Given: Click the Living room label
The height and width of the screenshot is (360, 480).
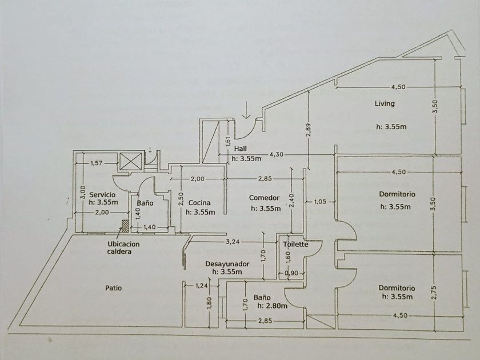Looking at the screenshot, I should point(385,104).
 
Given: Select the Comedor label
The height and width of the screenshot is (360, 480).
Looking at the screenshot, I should point(263,198).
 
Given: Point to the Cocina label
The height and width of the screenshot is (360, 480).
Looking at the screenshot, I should point(199,203).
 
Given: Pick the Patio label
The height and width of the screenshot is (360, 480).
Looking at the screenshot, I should point(113,288).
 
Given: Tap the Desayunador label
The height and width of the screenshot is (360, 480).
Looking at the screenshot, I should point(227,264).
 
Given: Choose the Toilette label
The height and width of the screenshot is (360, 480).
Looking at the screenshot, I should point(295,245).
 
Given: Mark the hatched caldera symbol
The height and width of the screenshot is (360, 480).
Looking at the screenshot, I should point(125,226).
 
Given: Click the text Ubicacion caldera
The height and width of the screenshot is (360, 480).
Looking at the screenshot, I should point(123,247).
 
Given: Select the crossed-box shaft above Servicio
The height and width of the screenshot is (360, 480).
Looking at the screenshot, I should point(132,161).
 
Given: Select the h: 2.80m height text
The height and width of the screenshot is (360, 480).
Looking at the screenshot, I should point(271,306).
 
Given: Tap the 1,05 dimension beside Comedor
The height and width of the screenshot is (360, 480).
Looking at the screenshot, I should point(321,201).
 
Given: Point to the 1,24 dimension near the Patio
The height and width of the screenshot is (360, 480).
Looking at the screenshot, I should point(202,286).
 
